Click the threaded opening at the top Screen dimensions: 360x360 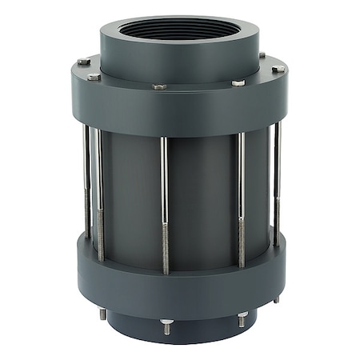(x=180, y=30)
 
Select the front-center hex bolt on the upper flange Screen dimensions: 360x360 (x=160, y=86)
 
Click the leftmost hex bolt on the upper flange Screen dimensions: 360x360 (x=84, y=62)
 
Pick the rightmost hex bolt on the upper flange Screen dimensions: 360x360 (x=278, y=69)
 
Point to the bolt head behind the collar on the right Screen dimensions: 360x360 (x=262, y=55)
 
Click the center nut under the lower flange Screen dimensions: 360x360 (x=166, y=324)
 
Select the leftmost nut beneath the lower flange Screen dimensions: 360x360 (x=102, y=314)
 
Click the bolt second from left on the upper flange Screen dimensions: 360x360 (x=94, y=77)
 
